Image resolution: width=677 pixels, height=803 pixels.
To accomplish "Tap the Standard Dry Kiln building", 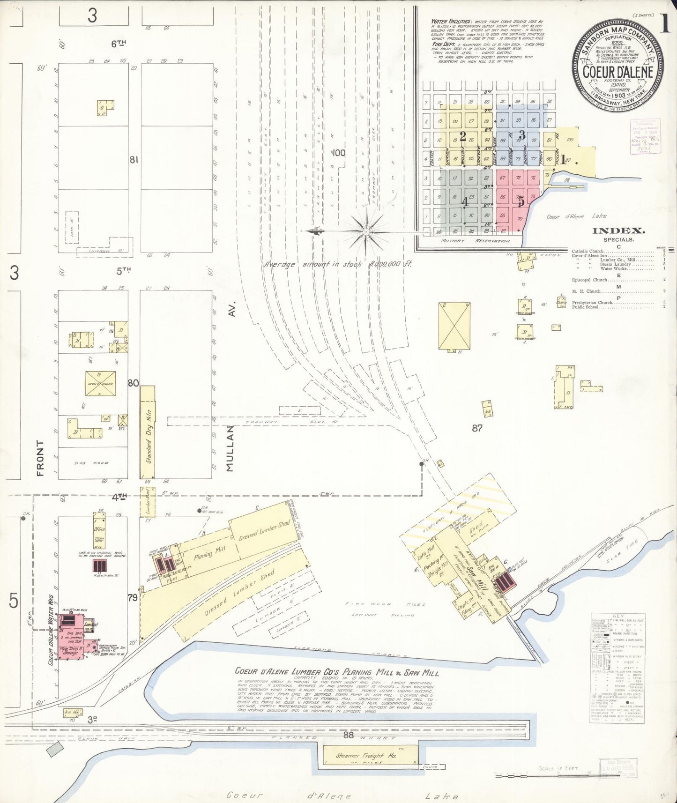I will [148, 431].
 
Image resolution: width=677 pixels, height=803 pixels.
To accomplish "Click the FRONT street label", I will [40, 458].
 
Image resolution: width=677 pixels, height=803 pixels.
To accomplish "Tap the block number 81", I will [134, 160].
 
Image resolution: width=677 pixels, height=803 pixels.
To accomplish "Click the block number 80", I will [134, 383].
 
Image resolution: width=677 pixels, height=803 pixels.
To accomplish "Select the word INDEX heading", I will [618, 230].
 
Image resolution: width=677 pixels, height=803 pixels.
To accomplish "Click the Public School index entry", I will [585, 307].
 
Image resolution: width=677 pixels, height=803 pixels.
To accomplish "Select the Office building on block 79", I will [99, 530].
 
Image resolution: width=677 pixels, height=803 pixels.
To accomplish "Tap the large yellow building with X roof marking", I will [454, 326].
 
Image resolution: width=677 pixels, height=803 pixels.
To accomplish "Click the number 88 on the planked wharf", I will [348, 735].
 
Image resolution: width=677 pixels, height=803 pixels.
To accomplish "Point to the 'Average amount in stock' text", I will [337, 264].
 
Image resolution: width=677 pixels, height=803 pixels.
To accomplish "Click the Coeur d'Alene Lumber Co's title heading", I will [336, 672].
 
